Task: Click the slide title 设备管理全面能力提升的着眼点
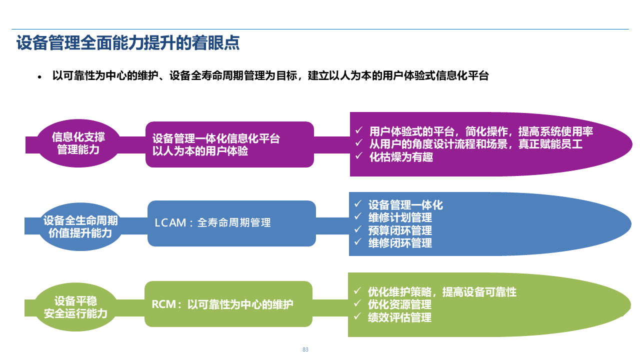128,43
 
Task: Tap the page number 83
305,349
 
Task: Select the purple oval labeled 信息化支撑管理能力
78,143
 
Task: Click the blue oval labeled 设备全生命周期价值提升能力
80,227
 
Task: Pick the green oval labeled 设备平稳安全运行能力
75,307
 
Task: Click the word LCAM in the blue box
170,223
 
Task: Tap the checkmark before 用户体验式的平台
358,131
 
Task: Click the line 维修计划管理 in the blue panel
400,218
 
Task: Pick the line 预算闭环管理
400,230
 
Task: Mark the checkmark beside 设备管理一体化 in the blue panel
357,204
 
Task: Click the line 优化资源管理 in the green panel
399,304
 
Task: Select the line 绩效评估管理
399,317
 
